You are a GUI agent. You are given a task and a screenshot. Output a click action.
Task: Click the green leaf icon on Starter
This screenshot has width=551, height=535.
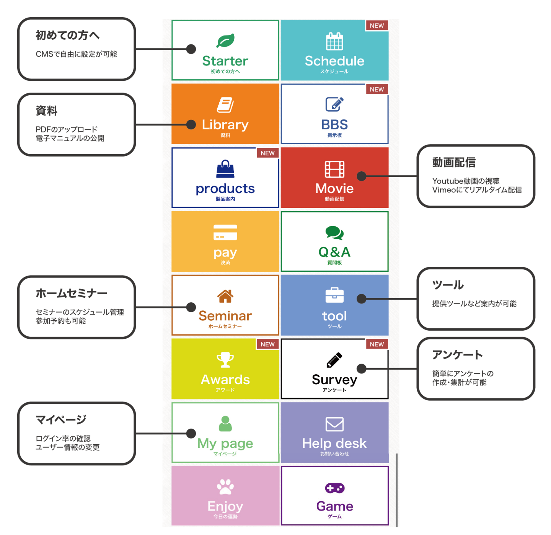[x=225, y=41]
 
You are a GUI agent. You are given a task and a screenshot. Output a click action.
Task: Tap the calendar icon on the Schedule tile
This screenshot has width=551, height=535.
[x=334, y=41]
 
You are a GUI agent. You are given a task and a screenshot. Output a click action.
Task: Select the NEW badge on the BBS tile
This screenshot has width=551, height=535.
[x=377, y=89]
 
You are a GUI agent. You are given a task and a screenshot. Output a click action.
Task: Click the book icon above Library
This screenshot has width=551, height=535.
[x=225, y=105]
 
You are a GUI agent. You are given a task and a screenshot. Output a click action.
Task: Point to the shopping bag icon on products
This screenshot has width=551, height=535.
[x=225, y=169]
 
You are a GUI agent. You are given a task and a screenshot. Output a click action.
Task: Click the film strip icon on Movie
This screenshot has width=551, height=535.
[x=334, y=169]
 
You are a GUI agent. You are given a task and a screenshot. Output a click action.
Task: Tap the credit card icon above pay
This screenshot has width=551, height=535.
[x=225, y=232]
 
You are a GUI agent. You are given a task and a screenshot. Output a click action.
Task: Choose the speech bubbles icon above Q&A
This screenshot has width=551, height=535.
[x=334, y=233]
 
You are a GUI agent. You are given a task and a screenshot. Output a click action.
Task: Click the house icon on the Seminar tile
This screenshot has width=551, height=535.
[x=225, y=296]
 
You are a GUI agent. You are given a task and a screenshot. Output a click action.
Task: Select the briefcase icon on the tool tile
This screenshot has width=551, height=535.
[x=334, y=295]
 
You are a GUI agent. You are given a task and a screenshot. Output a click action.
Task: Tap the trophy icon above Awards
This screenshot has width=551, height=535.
[x=225, y=360]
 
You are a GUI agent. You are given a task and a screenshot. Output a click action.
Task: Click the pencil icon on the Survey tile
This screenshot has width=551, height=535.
[x=334, y=360]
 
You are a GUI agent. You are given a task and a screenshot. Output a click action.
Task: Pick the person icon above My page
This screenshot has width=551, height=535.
[x=225, y=424]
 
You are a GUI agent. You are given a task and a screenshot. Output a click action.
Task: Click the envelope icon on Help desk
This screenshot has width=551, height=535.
[x=334, y=424]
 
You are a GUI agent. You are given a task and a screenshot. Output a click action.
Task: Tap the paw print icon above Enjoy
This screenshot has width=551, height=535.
[x=225, y=487]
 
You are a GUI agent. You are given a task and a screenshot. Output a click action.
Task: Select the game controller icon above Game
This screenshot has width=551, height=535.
[x=334, y=488]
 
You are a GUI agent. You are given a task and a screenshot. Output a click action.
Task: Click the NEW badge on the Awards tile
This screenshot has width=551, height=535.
[x=267, y=344]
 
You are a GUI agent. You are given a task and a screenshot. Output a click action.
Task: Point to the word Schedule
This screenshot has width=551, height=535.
[x=334, y=61]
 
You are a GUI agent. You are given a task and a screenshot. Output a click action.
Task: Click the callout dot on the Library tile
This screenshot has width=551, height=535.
[x=191, y=124]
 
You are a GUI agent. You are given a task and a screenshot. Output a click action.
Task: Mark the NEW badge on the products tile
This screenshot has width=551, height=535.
[x=267, y=153]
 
